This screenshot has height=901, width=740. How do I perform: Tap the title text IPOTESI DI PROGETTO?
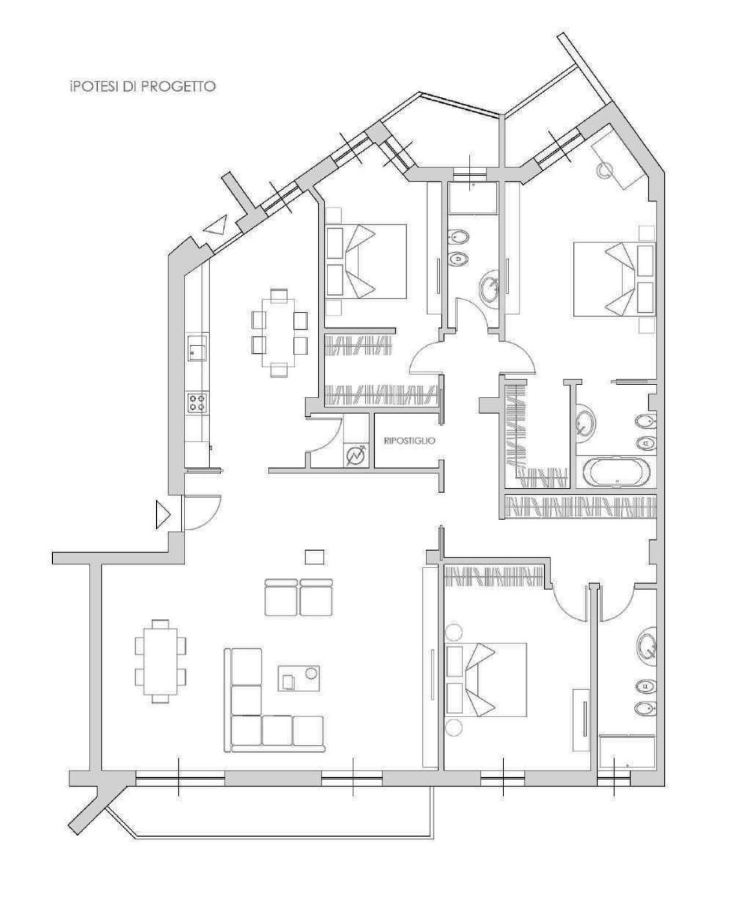coord(142,86)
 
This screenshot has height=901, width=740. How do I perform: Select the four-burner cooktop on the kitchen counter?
coord(198,402)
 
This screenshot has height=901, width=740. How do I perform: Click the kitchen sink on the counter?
coord(198,348)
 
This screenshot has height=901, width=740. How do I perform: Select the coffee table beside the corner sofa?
coord(299,678)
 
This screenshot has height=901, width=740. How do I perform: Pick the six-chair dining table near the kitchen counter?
coord(279,333)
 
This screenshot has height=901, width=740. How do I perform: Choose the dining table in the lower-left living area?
coord(160,668)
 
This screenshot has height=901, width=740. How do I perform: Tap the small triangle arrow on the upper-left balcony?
coord(216,224)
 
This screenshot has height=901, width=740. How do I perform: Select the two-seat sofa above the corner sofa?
coord(299,597)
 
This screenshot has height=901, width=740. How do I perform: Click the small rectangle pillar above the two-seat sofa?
coord(315,557)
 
